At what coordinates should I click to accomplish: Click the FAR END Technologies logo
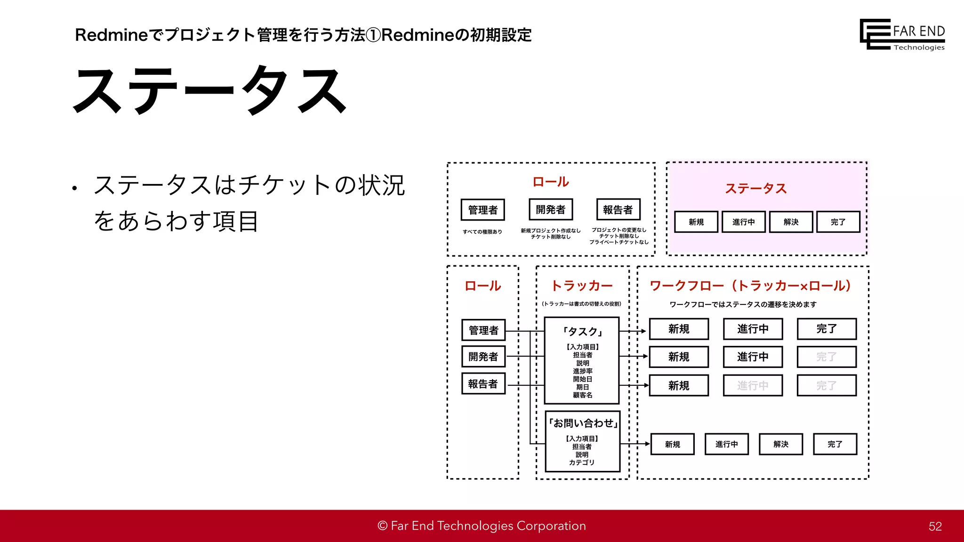pos(902,34)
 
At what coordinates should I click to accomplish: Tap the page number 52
pos(935,526)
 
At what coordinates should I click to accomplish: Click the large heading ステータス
pos(210,90)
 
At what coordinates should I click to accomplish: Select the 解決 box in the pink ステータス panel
pos(791,222)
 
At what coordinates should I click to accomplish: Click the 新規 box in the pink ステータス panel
pos(696,222)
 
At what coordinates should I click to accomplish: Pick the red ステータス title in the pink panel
pos(755,189)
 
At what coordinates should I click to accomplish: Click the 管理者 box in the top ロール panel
pos(482,210)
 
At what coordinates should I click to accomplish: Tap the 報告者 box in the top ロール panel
pos(618,210)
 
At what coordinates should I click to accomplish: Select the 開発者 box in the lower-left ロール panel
pos(483,357)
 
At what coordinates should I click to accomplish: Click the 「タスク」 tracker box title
pos(582,331)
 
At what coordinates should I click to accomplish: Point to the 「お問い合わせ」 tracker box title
pos(583,423)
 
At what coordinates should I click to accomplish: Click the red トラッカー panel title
pos(582,286)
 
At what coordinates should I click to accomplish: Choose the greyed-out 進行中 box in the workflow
pos(753,386)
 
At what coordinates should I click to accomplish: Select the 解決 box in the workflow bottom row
pos(780,444)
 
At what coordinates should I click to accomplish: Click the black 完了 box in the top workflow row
pos(826,329)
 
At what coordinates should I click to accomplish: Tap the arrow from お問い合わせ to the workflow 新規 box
pos(635,444)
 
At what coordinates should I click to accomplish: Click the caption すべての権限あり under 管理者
pos(482,232)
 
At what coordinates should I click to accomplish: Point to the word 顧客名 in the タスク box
pos(582,395)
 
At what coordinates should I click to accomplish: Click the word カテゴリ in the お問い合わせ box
pos(582,462)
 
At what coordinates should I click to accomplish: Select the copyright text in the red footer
pos(482,526)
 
